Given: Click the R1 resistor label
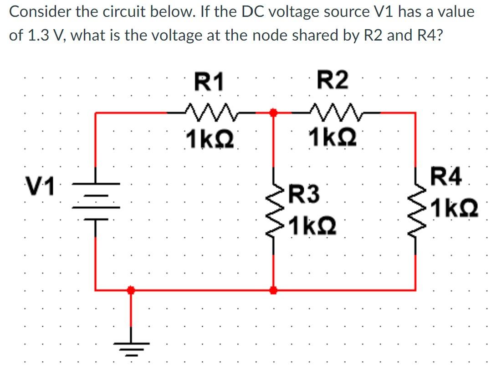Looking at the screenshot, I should click(x=209, y=82).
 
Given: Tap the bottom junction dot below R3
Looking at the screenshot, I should click(x=273, y=289).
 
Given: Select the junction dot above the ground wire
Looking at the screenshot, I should click(x=131, y=289).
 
